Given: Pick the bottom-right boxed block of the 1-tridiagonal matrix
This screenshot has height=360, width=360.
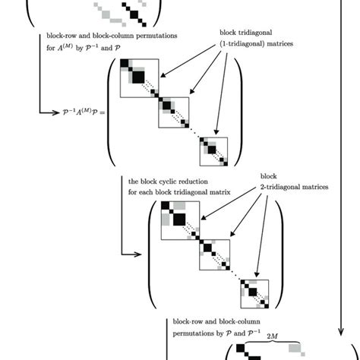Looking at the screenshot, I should tap(213, 153).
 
